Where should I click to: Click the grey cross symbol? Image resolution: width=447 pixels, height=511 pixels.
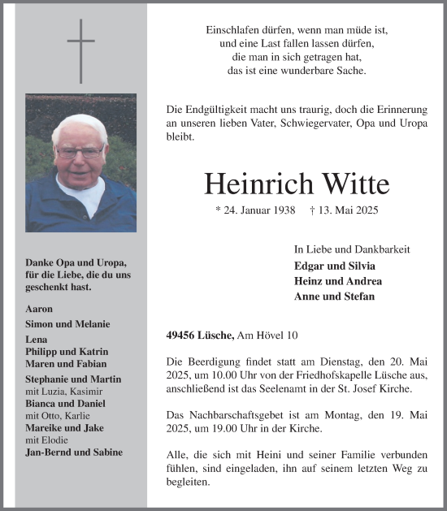(x=80, y=50)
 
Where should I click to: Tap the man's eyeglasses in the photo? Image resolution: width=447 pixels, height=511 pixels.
(x=80, y=151)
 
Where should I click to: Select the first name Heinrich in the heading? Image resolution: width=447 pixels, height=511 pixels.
(x=252, y=184)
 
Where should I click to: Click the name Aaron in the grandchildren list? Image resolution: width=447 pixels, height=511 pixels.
(x=39, y=309)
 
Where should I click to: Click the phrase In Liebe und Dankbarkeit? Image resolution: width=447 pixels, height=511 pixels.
(x=352, y=249)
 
